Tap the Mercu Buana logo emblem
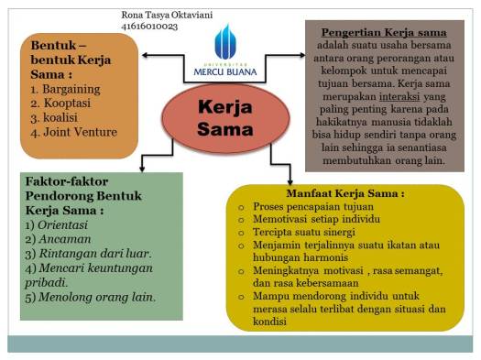(x=225, y=42)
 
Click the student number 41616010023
(x=150, y=27)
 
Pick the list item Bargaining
(x=67, y=89)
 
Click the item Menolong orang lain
(x=96, y=297)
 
